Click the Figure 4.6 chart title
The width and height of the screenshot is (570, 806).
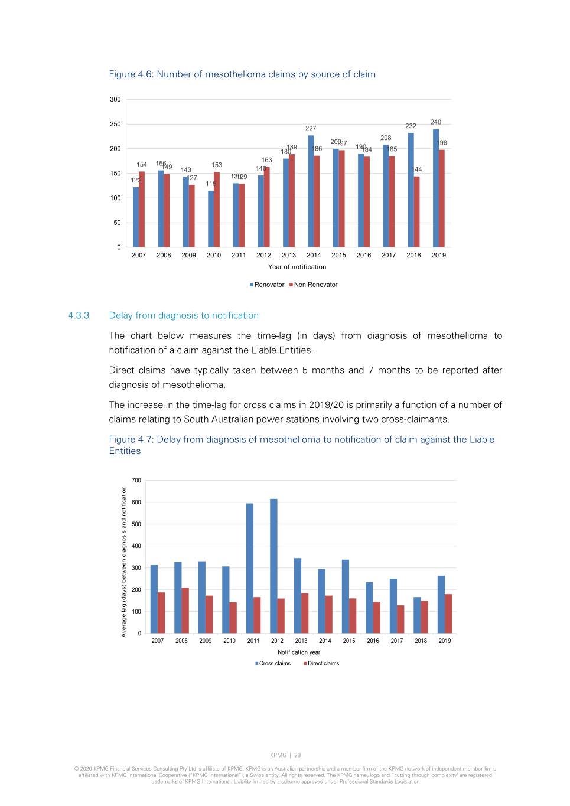coord(242,74)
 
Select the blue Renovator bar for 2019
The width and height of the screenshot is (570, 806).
coord(436,188)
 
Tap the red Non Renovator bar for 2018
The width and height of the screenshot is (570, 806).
coord(417,211)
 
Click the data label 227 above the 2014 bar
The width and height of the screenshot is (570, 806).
coord(311,128)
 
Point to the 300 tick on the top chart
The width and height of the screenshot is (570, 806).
coord(115,99)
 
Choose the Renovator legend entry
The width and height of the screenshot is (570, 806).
coord(267,285)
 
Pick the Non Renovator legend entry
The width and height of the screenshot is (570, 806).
coord(314,285)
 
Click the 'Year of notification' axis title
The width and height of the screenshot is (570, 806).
coord(297,267)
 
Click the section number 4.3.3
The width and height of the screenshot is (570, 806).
coord(79,315)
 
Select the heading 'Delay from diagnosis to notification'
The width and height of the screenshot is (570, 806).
coord(184,315)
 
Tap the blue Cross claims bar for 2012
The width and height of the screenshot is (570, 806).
coord(273,566)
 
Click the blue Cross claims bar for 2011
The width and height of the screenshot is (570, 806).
coord(250,568)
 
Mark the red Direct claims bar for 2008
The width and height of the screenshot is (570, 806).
coord(185,610)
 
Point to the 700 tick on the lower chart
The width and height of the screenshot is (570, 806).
coord(136,481)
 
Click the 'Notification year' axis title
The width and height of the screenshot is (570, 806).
coord(299,652)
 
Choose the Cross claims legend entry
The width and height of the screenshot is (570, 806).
coord(273,664)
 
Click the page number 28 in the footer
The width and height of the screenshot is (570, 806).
coord(298,755)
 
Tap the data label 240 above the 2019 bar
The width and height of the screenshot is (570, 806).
coord(436,122)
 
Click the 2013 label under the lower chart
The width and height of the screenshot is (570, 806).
coord(301,641)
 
